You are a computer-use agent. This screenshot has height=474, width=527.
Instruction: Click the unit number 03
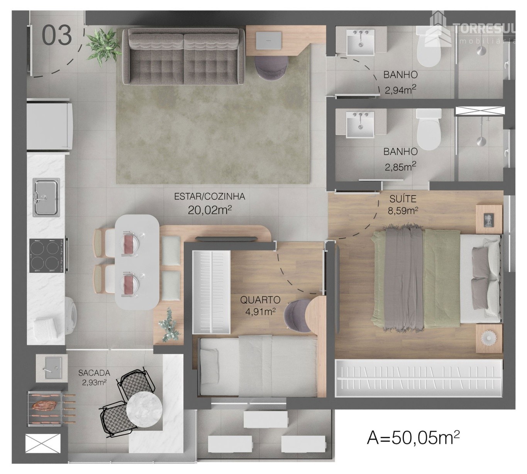point(57,35)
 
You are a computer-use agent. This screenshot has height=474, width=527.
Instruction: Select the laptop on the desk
point(268,41)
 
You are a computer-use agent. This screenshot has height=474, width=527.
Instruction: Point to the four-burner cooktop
point(46,255)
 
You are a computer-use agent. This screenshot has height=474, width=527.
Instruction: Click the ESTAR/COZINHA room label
point(209,196)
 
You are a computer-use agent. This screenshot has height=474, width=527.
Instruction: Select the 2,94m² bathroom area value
point(400,90)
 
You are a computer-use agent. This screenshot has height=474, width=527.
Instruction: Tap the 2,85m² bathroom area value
point(400,166)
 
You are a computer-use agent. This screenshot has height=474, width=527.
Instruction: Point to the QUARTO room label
point(260,300)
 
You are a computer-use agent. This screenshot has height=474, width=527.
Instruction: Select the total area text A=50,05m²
point(413,437)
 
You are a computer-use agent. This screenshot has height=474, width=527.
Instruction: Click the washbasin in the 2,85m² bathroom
point(360,124)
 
